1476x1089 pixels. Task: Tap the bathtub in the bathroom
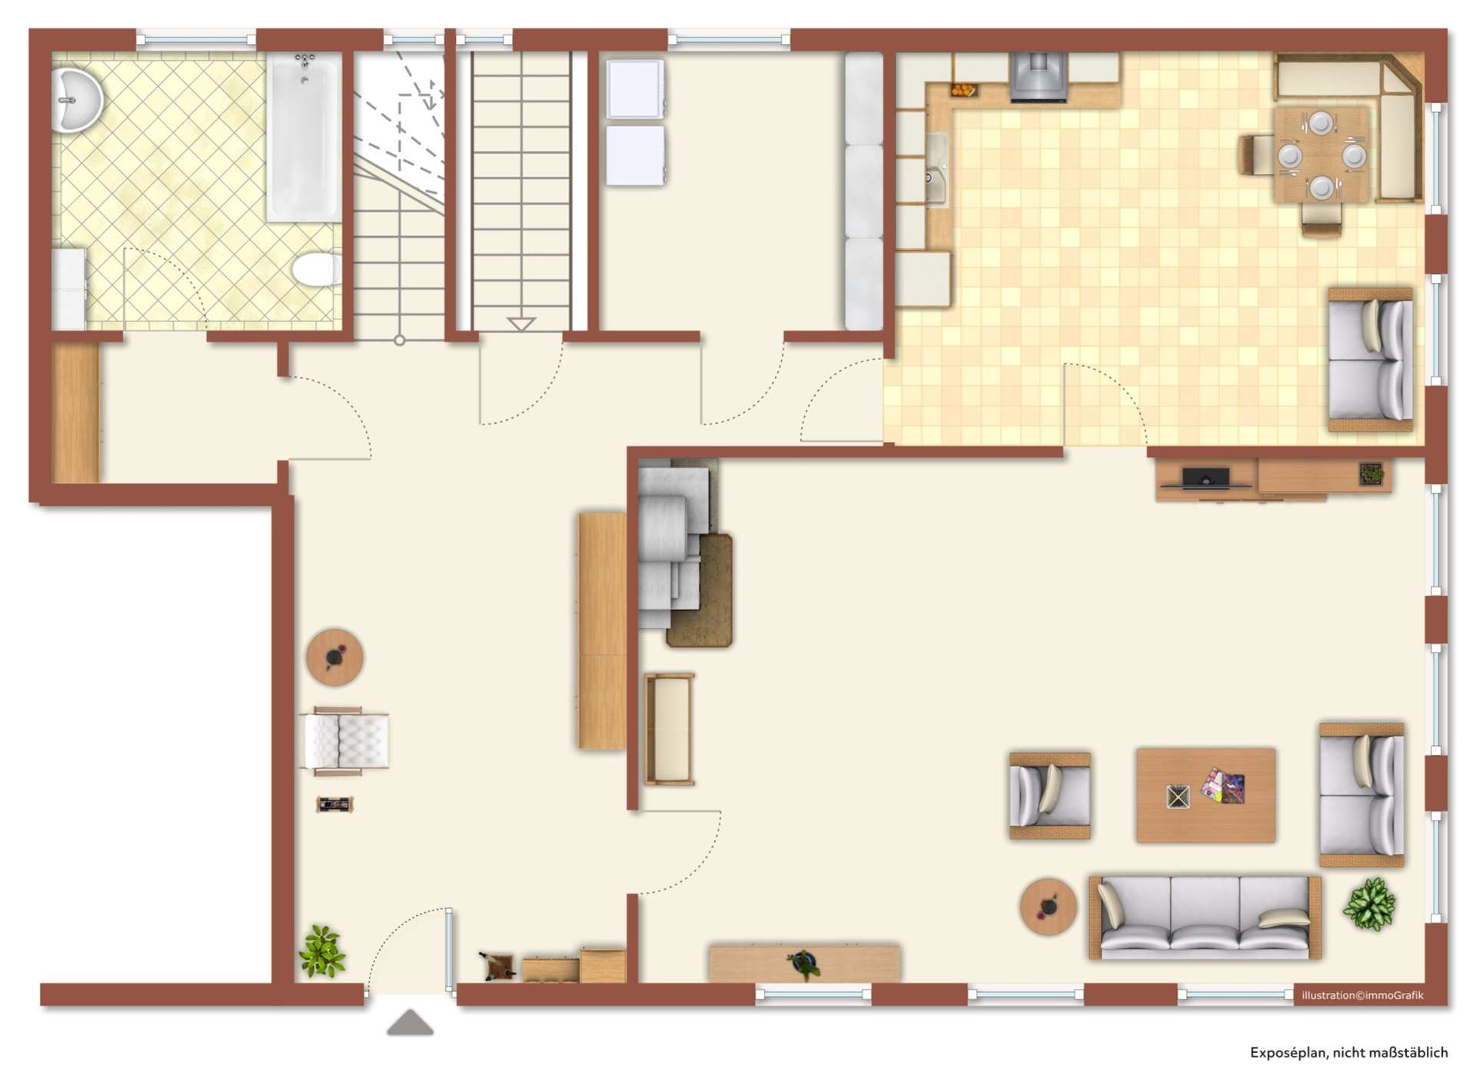click(x=304, y=138)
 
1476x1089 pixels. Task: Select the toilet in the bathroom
click(x=316, y=270)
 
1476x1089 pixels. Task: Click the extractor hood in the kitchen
click(x=1039, y=77)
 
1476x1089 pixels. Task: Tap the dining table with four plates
click(x=1321, y=155)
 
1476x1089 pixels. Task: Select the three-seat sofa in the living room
click(x=1205, y=917)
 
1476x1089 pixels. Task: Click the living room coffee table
click(x=1205, y=795)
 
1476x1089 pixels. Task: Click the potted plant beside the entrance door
click(x=321, y=951)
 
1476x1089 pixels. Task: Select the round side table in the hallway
click(x=334, y=658)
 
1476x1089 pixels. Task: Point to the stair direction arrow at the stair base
click(x=520, y=324)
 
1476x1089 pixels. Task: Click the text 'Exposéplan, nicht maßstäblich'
click(x=1348, y=1053)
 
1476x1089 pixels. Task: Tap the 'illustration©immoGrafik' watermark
click(x=1362, y=995)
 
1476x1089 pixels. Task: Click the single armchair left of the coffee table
click(x=1050, y=795)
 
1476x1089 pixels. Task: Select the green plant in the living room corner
click(x=1369, y=904)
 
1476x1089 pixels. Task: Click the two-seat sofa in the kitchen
click(x=1371, y=359)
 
